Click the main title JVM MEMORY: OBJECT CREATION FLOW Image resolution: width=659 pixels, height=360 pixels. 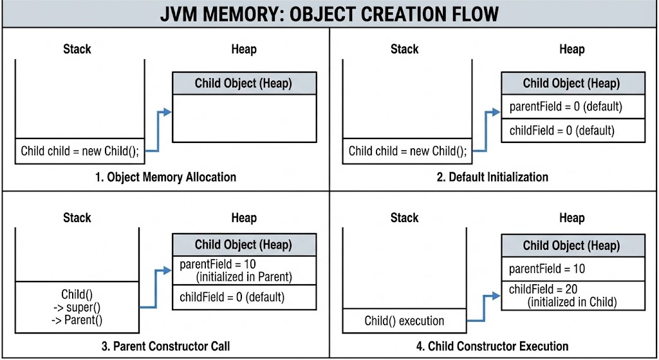tap(329, 14)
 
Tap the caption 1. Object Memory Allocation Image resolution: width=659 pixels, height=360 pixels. tap(165, 177)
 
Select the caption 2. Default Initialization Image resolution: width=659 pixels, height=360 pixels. tap(492, 177)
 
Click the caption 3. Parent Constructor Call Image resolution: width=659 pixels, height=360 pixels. tap(165, 346)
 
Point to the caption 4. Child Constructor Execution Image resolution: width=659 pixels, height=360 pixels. tap(492, 346)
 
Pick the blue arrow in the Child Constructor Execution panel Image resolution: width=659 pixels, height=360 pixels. tap(484, 308)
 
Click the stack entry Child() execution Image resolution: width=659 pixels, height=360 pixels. tap(404, 321)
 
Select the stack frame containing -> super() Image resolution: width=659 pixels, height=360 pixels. tap(77, 307)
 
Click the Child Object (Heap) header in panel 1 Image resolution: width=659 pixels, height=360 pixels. tap(244, 83)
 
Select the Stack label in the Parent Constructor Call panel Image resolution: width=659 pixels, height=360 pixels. tap(77, 218)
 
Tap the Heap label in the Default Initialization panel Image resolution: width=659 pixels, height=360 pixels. tap(572, 49)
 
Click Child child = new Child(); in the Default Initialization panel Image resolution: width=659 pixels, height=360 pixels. tap(407, 151)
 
